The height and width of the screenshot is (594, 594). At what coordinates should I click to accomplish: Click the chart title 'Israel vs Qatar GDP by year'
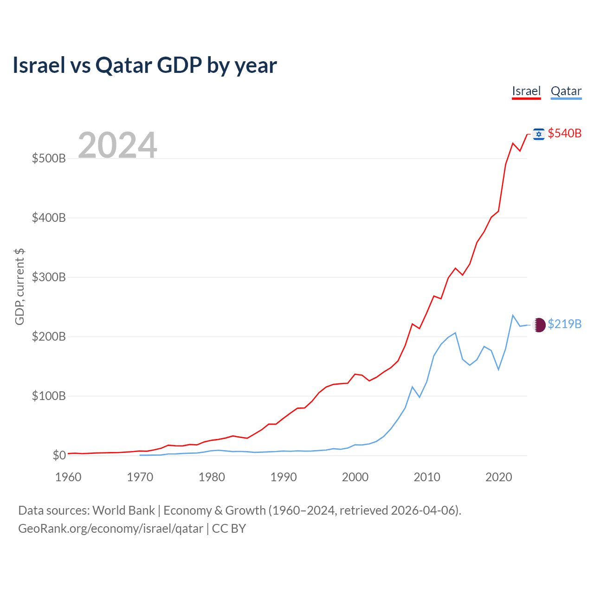[x=145, y=65]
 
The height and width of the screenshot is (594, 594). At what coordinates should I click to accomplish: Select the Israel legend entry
[x=526, y=91]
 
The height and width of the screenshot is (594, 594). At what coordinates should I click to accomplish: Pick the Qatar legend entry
[x=566, y=91]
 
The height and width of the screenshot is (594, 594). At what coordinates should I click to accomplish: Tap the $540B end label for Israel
[x=564, y=133]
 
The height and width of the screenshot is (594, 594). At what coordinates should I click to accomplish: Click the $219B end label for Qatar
[x=564, y=324]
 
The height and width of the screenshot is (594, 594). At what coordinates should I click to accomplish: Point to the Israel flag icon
[x=539, y=134]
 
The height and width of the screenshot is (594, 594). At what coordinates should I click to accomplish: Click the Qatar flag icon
[x=539, y=325]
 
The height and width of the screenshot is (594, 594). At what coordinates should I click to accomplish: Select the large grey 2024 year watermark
[x=117, y=145]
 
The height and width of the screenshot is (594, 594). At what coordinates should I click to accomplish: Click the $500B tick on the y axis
[x=49, y=158]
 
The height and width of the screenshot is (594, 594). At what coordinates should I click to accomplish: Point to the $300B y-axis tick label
[x=49, y=277]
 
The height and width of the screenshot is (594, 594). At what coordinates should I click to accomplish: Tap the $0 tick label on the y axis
[x=59, y=455]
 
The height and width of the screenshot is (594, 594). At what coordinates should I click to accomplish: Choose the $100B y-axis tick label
[x=49, y=396]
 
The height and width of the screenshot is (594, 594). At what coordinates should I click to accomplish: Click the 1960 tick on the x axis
[x=68, y=477]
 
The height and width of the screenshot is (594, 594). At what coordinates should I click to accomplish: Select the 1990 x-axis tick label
[x=284, y=477]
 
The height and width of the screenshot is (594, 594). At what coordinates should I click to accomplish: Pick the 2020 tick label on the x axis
[x=498, y=477]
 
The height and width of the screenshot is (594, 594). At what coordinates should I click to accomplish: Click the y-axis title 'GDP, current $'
[x=19, y=286]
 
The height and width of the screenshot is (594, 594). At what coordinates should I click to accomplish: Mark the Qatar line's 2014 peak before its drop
[x=455, y=333]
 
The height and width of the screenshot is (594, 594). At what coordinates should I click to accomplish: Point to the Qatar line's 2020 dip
[x=498, y=369]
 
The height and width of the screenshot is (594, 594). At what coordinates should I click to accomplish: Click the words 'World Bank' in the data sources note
[x=123, y=510]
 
